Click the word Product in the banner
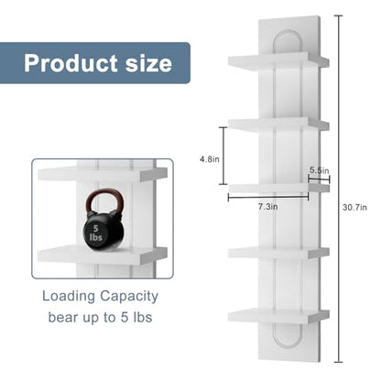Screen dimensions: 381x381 click(x=71, y=63)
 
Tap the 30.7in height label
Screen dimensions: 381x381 click(x=354, y=208)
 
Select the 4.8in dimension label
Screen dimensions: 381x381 click(x=210, y=159)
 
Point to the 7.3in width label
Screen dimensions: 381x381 click(x=268, y=207)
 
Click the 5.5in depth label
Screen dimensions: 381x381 click(x=320, y=170)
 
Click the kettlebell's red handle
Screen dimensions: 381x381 click(x=104, y=201)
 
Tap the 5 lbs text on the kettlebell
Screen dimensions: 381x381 click(x=96, y=233)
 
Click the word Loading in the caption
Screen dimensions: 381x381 click(x=69, y=297)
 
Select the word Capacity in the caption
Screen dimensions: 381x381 click(x=129, y=297)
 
